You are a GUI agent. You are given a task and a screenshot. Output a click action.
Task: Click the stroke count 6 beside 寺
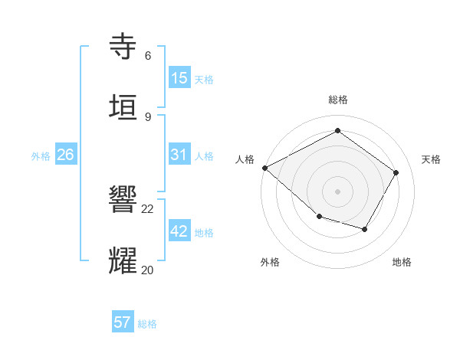coord(148,55)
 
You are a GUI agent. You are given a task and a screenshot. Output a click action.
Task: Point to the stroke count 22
coord(148,208)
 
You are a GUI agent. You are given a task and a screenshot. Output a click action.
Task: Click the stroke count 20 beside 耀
coord(148,270)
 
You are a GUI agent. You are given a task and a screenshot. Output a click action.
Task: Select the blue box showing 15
coord(179,77)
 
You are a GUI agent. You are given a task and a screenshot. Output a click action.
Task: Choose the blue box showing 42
coord(179,231)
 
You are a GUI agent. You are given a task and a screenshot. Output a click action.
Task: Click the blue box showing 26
coord(65,155)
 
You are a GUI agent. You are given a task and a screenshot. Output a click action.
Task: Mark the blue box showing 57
coord(123,322)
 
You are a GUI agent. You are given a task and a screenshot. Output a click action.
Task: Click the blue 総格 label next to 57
coord(147,324)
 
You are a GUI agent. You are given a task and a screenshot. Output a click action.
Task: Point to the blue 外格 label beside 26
coord(41,155)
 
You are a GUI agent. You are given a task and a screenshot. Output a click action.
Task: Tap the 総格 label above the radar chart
coord(338,100)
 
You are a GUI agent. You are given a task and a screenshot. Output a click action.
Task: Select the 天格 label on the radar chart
coord(432,159)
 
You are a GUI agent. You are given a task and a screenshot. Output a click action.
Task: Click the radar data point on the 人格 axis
coord(264,167)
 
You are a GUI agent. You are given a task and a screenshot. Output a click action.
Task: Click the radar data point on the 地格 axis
coord(365,229)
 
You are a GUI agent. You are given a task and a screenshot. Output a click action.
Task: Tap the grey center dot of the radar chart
coord(338,191)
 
